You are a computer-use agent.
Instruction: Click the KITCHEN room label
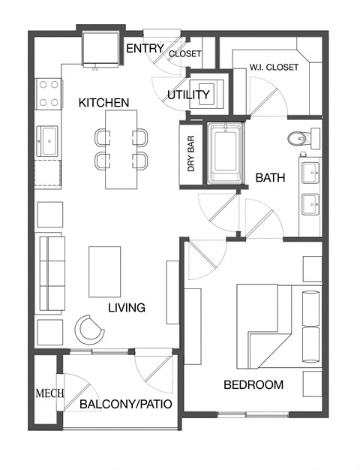pyautogui.click(x=104, y=102)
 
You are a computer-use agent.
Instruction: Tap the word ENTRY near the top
pyautogui.click(x=145, y=49)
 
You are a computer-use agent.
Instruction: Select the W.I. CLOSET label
pyautogui.click(x=274, y=68)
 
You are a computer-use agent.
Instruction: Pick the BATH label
pyautogui.click(x=269, y=179)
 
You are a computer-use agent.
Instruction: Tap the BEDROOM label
pyautogui.click(x=253, y=385)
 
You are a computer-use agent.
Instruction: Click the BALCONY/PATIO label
pyautogui.click(x=126, y=405)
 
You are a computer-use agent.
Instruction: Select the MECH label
pyautogui.click(x=49, y=393)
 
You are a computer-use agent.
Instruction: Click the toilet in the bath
pyautogui.click(x=302, y=138)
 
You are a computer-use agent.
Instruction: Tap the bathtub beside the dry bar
pyautogui.click(x=225, y=153)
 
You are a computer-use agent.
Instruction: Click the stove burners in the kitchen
pyautogui.click(x=49, y=94)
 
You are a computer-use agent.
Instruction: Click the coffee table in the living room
pyautogui.click(x=104, y=272)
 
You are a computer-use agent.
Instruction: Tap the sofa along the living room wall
pyautogui.click(x=52, y=270)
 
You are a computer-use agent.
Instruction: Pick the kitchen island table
pyautogui.click(x=121, y=149)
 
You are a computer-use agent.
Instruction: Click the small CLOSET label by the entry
pyautogui.click(x=184, y=54)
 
